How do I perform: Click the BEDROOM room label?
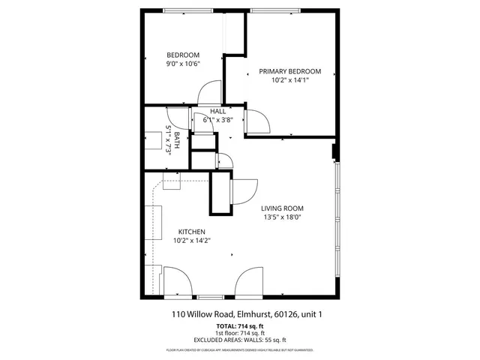tap(183, 55)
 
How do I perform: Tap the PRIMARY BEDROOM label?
tap(289, 71)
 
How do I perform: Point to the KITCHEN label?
tap(191, 232)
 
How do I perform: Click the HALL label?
tap(218, 111)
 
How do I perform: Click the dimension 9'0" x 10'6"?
tap(183, 64)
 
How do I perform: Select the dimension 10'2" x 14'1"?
tap(289, 80)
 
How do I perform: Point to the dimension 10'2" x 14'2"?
tap(191, 241)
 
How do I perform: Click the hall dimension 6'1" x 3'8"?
tap(218, 119)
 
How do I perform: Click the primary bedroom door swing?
tap(257, 120)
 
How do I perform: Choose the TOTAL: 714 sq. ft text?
tap(239, 326)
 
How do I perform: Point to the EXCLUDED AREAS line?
tap(240, 341)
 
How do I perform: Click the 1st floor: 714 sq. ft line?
tap(240, 334)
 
